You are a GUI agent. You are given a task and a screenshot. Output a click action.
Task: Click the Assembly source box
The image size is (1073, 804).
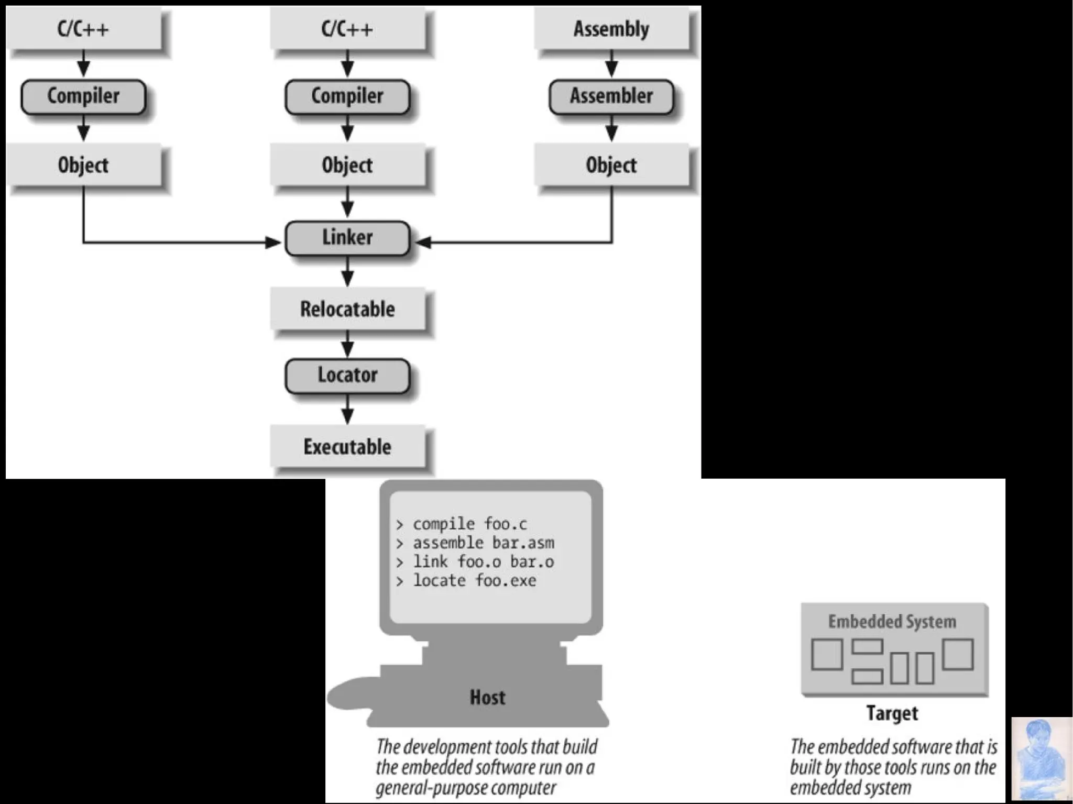[x=611, y=29]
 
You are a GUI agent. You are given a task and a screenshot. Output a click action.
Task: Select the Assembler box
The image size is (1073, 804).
[x=611, y=96]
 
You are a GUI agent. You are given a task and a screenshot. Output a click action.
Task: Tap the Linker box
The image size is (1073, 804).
[x=347, y=238]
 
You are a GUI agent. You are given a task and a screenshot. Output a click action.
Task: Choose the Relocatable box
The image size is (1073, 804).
[x=347, y=309]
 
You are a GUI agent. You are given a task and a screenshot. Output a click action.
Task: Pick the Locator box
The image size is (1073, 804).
[x=347, y=375]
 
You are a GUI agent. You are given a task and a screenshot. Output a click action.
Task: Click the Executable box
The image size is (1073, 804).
[x=347, y=447]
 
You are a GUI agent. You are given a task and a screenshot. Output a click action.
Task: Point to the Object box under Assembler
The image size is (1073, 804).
[x=611, y=166]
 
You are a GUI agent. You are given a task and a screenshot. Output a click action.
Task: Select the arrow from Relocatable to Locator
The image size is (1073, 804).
[x=347, y=345]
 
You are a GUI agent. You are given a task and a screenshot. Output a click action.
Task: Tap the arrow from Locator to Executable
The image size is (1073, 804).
[x=347, y=410]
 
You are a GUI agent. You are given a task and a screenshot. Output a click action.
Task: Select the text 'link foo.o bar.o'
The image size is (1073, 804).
[x=483, y=561]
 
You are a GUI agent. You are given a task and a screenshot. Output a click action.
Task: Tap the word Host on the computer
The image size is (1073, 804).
[x=487, y=697]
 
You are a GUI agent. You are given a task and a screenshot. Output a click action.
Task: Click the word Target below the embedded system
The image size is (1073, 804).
[x=892, y=713]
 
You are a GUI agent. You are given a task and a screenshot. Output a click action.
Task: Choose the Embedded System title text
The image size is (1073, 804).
[x=892, y=622]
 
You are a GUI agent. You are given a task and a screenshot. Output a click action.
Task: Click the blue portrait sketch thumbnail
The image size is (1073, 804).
[x=1041, y=759]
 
